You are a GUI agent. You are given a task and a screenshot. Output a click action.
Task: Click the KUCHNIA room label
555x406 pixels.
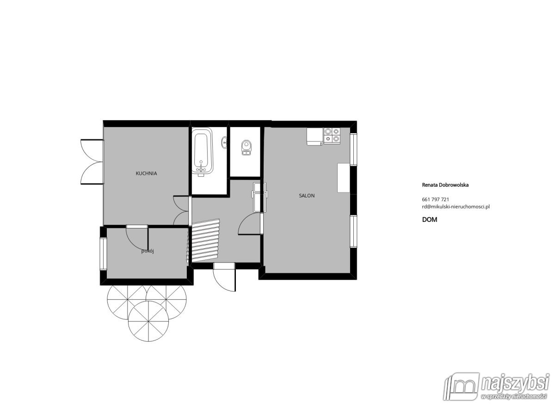coord(146,174)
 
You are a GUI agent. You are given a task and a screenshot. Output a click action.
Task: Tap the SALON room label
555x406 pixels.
coord(307,196)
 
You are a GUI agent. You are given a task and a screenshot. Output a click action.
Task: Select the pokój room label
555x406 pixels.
coord(147,252)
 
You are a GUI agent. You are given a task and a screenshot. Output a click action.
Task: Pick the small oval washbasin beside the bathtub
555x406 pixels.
coord(224,142)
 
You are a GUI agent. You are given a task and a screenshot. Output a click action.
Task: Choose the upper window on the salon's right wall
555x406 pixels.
coord(353,149)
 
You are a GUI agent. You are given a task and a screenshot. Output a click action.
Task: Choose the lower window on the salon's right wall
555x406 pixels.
coord(353,231)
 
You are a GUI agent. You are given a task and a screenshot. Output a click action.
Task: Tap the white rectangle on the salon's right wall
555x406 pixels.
coord(344,178)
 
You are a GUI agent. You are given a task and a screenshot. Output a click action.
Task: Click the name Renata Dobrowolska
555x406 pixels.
coord(445,185)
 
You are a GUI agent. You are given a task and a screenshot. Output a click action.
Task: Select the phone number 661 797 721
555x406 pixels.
coord(435,199)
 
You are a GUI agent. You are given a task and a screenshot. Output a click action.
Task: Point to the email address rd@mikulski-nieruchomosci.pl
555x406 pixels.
coord(456,207)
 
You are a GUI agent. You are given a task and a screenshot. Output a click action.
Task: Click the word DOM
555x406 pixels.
coord(430,220)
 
